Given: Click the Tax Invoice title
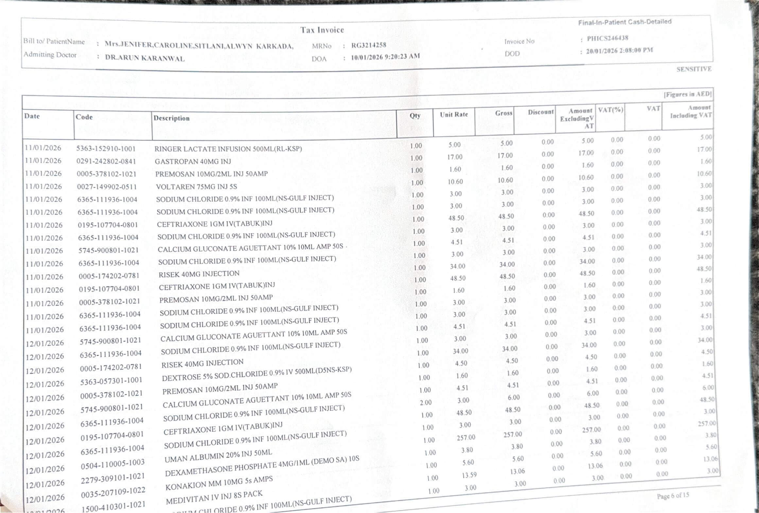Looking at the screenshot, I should [322, 30].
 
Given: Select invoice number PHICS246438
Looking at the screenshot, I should [607, 38].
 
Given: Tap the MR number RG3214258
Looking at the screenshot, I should [369, 45].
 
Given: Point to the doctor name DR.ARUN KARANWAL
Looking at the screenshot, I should [145, 58].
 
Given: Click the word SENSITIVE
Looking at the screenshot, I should [694, 69].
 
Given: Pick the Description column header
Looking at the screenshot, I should [171, 118].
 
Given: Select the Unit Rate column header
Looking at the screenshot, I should [454, 115].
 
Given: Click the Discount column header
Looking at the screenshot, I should [541, 112].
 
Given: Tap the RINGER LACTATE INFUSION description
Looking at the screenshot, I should [228, 149].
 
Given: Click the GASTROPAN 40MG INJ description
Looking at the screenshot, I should [193, 161].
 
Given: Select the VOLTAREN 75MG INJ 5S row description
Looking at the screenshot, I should [196, 187].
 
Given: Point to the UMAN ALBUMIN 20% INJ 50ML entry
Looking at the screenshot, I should [218, 456].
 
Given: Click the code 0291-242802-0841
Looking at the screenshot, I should [106, 161].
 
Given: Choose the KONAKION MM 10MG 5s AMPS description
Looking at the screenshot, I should [219, 484].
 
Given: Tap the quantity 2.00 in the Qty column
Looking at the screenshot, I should [425, 402].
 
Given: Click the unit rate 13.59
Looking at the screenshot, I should [469, 475].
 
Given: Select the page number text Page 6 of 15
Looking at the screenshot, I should [673, 496].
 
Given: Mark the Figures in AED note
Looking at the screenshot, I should [687, 94].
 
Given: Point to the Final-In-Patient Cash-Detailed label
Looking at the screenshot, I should [625, 22].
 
